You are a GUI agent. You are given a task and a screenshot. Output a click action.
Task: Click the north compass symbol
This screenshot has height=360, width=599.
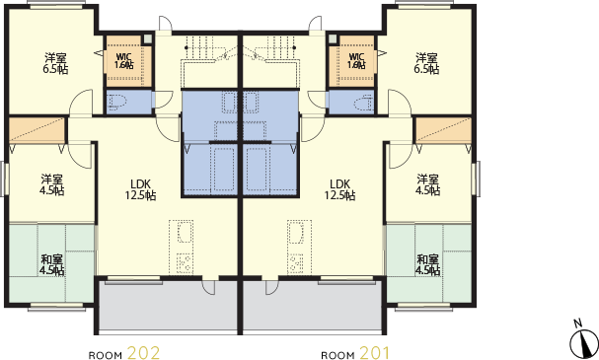click(x=583, y=341)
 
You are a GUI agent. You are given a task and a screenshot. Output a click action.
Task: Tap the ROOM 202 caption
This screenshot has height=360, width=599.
click(x=124, y=353)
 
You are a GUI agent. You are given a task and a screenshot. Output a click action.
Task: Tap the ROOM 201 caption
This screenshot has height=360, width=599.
click(x=355, y=353)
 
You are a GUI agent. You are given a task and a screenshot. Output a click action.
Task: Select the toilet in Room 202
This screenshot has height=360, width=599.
click(x=118, y=103)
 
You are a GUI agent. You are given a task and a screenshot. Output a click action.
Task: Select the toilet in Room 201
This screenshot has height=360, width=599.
click(x=363, y=103)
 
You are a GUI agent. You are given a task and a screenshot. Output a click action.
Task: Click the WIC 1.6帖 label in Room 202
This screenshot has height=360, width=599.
click(x=124, y=61)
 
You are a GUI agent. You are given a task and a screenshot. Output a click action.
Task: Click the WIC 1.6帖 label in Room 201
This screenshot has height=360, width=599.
click(x=356, y=61)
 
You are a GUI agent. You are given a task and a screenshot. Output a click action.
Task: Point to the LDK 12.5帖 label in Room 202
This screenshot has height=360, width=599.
click(x=140, y=189)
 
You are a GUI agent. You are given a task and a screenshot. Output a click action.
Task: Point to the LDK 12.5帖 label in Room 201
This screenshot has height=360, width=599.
click(x=339, y=189)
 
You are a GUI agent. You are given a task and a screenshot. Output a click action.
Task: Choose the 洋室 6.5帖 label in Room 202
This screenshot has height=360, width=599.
click(x=55, y=64)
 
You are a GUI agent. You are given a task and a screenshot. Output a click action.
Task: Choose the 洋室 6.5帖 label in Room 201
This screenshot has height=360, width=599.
click(x=426, y=64)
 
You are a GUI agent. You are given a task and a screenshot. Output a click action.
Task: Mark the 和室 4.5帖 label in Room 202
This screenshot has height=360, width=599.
click(x=51, y=265)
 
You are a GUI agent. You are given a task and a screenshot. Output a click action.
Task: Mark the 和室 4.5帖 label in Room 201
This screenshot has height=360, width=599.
click(x=427, y=265)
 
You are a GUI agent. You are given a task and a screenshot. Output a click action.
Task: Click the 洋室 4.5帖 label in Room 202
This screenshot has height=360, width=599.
click(x=51, y=184)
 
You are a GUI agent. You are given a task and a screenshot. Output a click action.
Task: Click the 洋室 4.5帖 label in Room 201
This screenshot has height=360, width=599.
click(x=427, y=184)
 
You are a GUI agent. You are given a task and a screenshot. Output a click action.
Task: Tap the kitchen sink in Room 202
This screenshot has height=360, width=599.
click(x=185, y=233)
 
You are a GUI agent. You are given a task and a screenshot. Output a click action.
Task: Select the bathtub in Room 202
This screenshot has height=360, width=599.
click(x=222, y=170)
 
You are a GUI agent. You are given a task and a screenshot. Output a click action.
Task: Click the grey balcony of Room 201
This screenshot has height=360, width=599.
click(x=313, y=307)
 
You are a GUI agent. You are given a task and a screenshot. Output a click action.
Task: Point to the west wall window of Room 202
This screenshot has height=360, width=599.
click(x=4, y=179)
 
